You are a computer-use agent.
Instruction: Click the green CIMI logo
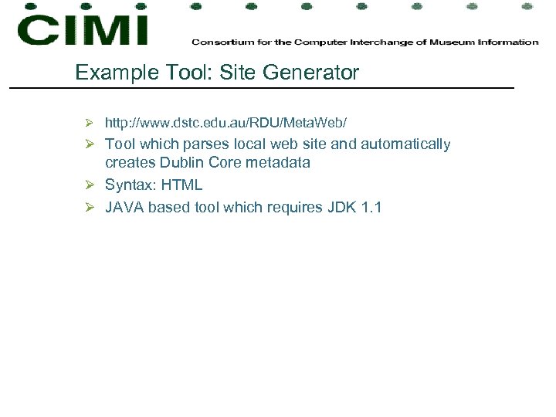pos(83,30)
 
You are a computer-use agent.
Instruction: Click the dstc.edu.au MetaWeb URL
pos(225,123)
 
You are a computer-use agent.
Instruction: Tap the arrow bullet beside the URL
pos(90,123)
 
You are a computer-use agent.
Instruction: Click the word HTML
pos(181,185)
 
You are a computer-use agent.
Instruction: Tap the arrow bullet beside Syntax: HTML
pos(90,185)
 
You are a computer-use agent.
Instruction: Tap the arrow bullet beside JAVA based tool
pos(90,207)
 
